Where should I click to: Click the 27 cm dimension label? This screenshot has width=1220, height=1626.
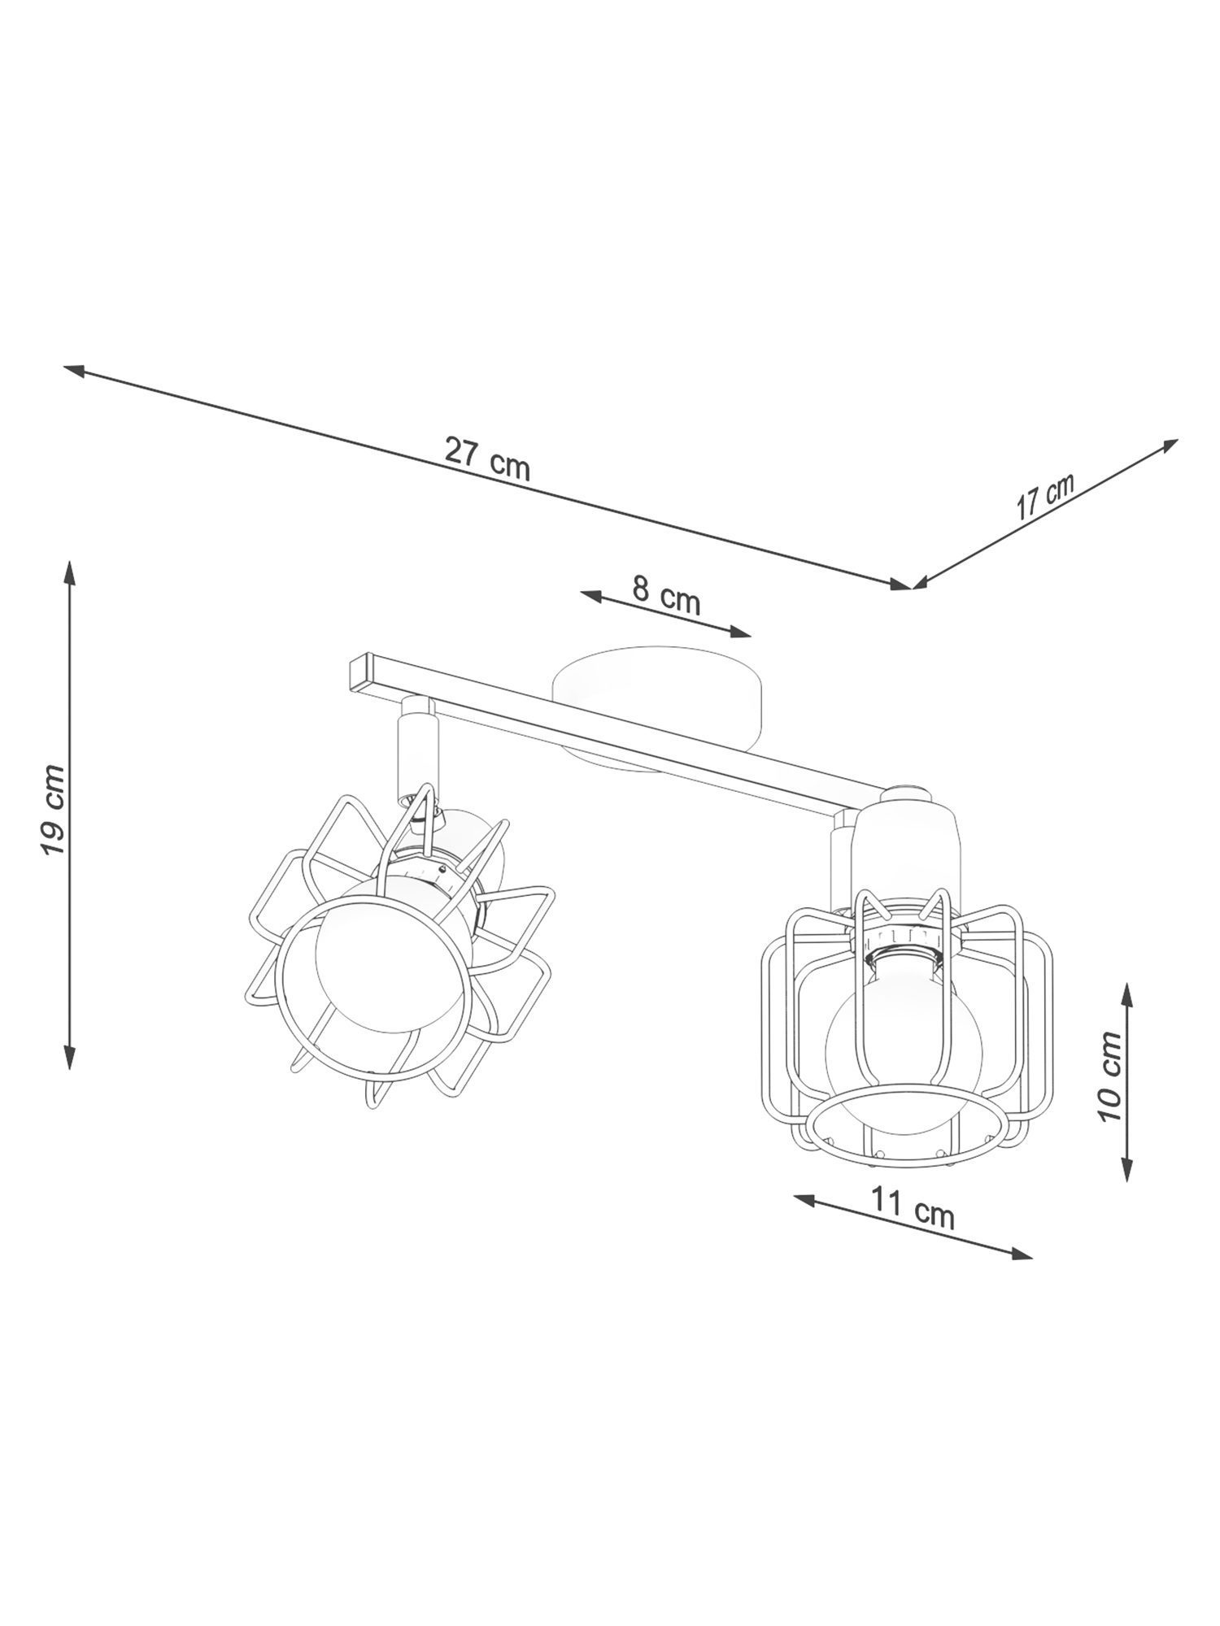tap(487, 459)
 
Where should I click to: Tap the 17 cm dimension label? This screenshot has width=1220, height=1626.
tap(1045, 498)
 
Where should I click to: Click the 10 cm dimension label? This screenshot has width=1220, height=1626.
tap(1108, 1076)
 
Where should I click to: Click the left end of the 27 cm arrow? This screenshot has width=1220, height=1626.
tap(65, 367)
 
